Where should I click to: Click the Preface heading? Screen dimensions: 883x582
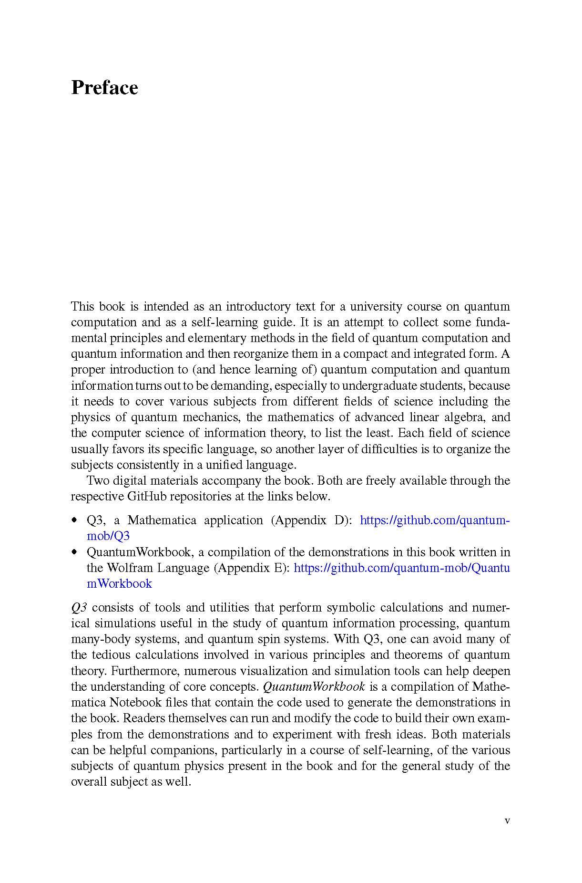pyautogui.click(x=104, y=88)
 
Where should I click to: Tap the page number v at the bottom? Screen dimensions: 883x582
pyautogui.click(x=507, y=821)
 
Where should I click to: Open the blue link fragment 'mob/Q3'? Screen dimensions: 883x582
pyautogui.click(x=108, y=536)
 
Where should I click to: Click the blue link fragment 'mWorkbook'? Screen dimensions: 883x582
pyautogui.click(x=119, y=583)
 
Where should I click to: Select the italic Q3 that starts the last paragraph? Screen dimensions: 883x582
pyautogui.click(x=79, y=607)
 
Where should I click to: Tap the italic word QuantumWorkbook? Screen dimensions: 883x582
pyautogui.click(x=314, y=686)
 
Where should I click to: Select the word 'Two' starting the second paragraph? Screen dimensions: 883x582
pyautogui.click(x=97, y=480)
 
